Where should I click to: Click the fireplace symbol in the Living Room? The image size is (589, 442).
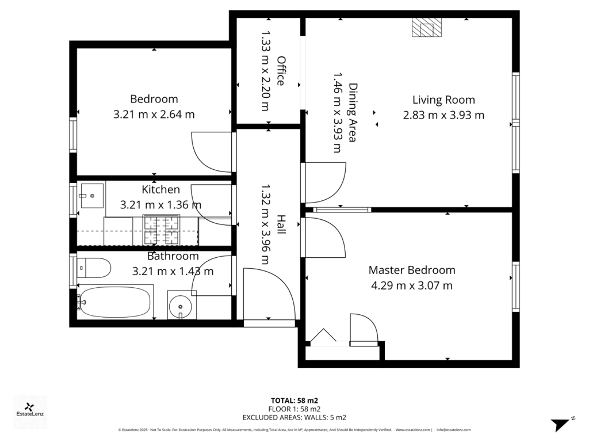pyautogui.click(x=427, y=28)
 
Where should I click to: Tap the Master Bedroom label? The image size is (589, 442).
pyautogui.click(x=412, y=270)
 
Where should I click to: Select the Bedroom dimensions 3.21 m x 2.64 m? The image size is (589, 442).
pyautogui.click(x=154, y=114)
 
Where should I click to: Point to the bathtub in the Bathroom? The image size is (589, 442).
pyautogui.click(x=115, y=301)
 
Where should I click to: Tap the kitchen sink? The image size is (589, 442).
pyautogui.click(x=91, y=196)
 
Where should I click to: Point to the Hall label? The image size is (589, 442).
pyautogui.click(x=281, y=224)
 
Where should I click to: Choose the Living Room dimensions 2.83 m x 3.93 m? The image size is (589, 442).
pyautogui.click(x=443, y=115)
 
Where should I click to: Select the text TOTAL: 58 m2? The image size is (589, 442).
pyautogui.click(x=294, y=400)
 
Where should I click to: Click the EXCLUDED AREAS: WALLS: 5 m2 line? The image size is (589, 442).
pyautogui.click(x=294, y=417)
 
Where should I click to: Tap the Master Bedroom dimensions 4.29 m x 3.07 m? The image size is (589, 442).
pyautogui.click(x=412, y=285)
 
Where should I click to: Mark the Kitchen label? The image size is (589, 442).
pyautogui.click(x=161, y=189)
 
